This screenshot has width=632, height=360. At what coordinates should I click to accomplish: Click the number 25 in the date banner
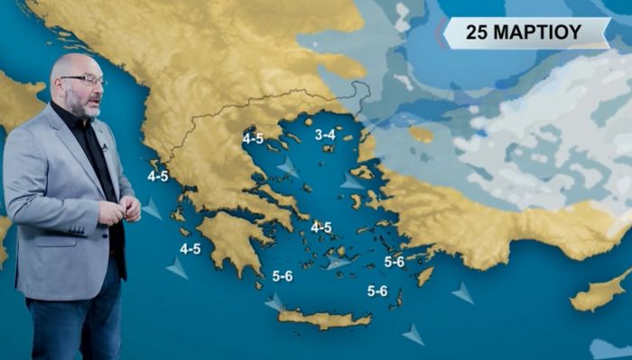click(479, 32)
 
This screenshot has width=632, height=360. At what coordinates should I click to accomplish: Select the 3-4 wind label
click(326, 134)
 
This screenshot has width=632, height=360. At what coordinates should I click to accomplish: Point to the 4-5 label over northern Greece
click(253, 138)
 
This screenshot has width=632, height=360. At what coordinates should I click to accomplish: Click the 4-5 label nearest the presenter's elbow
click(158, 176)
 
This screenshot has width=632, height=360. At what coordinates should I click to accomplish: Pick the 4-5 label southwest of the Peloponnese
click(190, 248)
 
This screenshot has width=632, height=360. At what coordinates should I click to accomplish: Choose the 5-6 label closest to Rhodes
click(395, 262)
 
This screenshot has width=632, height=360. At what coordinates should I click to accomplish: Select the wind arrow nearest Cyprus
click(463, 292)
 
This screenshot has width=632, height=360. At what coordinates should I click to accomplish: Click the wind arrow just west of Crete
click(274, 303)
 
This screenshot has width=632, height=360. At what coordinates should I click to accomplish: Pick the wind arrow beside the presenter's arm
click(152, 209)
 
